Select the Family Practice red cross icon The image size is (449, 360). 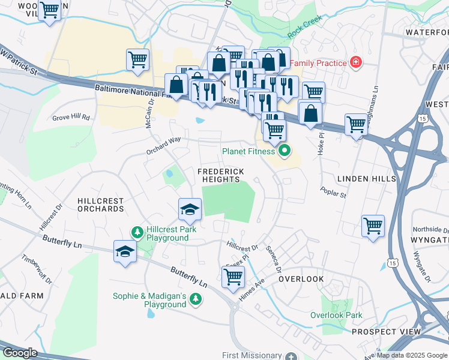pyautogui.click(x=356, y=62)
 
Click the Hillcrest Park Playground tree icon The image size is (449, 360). pyautogui.click(x=137, y=232)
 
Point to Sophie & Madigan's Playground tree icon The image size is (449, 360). pyautogui.click(x=196, y=298)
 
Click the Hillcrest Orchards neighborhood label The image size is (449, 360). pyautogui.click(x=100, y=205)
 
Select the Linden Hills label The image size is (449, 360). pyautogui.click(x=366, y=179)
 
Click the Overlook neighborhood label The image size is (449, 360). pyautogui.click(x=301, y=279)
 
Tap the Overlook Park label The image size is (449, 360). pyautogui.click(x=336, y=315)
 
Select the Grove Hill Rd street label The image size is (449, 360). pyautogui.click(x=71, y=118)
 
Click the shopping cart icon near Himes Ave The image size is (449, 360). pyautogui.click(x=232, y=277)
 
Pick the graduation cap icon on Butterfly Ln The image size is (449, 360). pyautogui.click(x=125, y=251)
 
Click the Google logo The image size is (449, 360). pyautogui.click(x=19, y=353)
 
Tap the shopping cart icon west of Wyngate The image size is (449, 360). pyautogui.click(x=373, y=226)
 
